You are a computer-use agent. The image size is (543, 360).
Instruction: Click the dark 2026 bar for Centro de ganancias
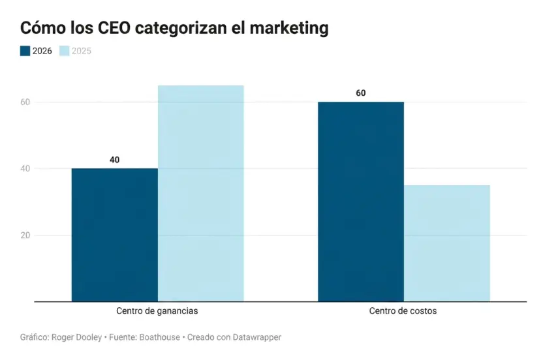tap(114, 235)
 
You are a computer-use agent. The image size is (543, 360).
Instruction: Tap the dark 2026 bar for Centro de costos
tap(361, 202)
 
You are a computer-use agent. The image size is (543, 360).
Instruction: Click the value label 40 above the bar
tap(114, 160)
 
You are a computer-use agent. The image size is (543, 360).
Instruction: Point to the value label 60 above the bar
tap(361, 93)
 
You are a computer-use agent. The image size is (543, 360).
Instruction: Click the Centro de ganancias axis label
tap(157, 311)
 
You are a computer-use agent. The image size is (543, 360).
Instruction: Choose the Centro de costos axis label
tap(403, 311)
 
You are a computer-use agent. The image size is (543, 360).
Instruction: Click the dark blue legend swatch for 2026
tap(25, 51)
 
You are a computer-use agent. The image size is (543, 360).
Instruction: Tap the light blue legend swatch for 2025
tap(64, 51)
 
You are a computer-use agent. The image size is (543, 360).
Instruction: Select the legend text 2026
tap(42, 51)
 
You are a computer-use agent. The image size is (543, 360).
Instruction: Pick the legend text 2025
tap(82, 51)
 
